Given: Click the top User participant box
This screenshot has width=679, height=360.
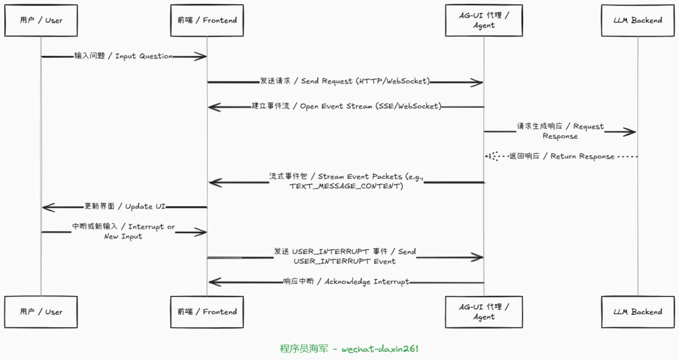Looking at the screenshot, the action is click(41, 20).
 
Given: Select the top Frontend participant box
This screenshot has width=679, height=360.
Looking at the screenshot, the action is click(207, 20).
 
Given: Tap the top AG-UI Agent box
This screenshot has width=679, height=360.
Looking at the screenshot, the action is click(484, 20).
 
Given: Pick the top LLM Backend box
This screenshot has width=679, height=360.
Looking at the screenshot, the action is click(638, 20).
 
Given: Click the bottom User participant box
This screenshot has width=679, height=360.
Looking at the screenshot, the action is click(41, 312).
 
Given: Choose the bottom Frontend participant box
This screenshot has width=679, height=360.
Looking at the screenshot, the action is click(207, 312).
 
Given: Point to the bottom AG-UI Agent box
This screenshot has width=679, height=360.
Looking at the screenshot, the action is click(484, 312).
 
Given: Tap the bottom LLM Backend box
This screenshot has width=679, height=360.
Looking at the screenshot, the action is click(638, 312).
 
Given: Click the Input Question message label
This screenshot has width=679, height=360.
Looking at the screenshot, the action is click(123, 57).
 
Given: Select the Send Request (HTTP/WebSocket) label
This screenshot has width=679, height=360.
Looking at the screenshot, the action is click(345, 81).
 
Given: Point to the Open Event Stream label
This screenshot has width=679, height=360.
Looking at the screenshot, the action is click(346, 106).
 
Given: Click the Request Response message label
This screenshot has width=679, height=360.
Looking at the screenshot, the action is click(560, 131).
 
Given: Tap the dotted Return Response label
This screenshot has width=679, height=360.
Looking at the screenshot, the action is click(561, 156).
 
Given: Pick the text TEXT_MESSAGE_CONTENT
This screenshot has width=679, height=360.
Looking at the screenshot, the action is click(346, 187).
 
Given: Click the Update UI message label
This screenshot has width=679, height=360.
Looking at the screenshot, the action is click(124, 207).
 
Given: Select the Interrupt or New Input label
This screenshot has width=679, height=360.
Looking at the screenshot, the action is click(123, 231).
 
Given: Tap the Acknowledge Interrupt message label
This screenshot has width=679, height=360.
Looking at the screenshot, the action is click(346, 281).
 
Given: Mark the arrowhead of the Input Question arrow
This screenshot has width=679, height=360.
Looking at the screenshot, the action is click(201, 57).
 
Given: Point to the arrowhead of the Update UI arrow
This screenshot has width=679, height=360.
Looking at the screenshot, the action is click(48, 207).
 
